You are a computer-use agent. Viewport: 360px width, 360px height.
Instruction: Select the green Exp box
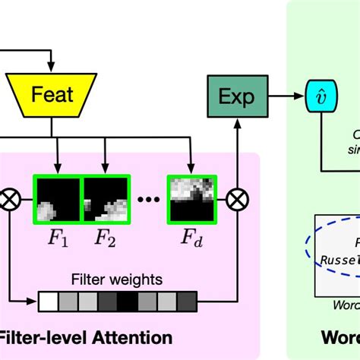(x=238, y=97)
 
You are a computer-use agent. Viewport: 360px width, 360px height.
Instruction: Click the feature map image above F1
(x=58, y=199)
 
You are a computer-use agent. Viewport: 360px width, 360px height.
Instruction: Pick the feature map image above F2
(x=106, y=199)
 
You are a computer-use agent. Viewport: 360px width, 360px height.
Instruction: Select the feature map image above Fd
(x=193, y=199)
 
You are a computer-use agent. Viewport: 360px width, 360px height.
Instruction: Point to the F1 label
(x=58, y=239)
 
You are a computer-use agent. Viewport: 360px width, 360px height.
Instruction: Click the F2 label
(x=105, y=239)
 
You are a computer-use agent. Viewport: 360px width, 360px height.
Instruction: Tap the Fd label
(x=193, y=239)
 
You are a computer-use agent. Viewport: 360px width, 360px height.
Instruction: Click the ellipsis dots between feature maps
(x=149, y=201)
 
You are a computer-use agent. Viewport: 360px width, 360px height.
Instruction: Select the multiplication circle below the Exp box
(x=238, y=200)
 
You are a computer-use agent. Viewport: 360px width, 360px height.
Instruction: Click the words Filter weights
(x=116, y=279)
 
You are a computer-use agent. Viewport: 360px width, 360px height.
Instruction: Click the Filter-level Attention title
(x=84, y=336)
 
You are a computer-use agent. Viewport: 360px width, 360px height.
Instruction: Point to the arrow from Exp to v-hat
(x=281, y=97)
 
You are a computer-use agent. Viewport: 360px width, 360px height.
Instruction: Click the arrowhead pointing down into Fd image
(x=193, y=170)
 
